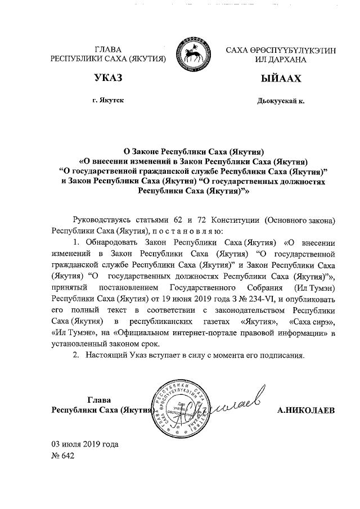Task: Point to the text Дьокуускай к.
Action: pyautogui.click(x=280, y=101)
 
